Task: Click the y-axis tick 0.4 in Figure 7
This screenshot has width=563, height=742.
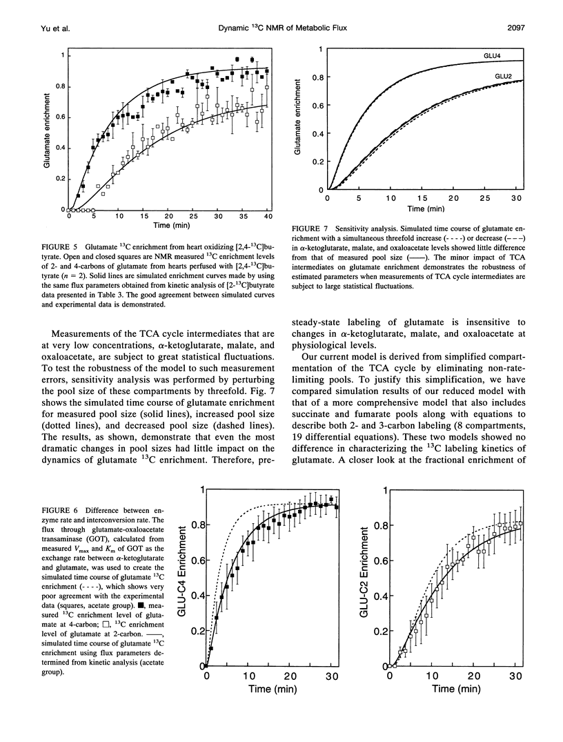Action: [x=317, y=133]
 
